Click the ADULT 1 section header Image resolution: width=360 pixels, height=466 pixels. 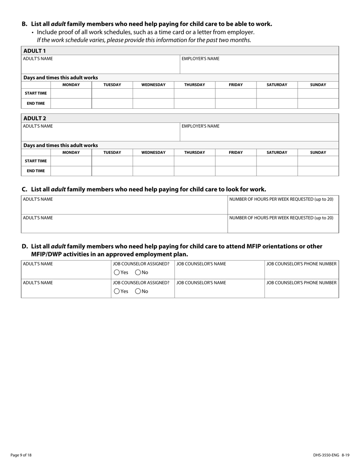[34, 51]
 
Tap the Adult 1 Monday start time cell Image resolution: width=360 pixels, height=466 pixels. [71, 93]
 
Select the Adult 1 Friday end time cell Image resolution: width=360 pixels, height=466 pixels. [236, 103]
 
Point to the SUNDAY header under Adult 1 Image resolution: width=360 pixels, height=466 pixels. [318, 85]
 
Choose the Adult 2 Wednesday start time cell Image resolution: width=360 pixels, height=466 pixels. [153, 161]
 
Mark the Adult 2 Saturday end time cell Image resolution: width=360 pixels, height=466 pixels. [277, 171]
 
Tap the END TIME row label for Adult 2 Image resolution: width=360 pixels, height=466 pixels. [36, 171]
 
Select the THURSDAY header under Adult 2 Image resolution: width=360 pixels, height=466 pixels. [194, 152]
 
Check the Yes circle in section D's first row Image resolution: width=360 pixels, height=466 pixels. [117, 272]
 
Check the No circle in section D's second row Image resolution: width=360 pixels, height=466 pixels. [138, 291]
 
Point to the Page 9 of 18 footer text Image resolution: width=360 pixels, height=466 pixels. [21, 455]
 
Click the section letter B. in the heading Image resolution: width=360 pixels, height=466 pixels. [25, 24]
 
